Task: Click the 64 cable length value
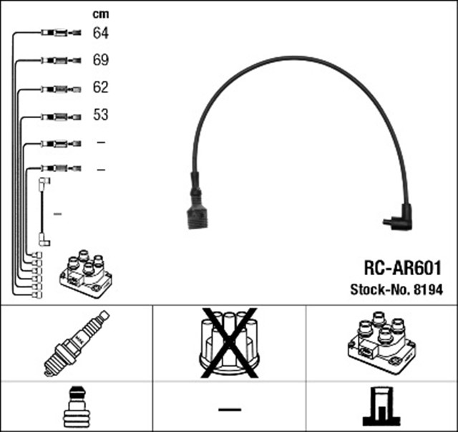(x=100, y=33)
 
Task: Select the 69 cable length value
(x=100, y=60)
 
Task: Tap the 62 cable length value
(x=100, y=87)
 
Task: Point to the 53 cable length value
(x=100, y=115)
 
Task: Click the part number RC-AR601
(x=402, y=267)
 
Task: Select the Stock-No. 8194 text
(x=396, y=289)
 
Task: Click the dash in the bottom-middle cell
(x=229, y=409)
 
